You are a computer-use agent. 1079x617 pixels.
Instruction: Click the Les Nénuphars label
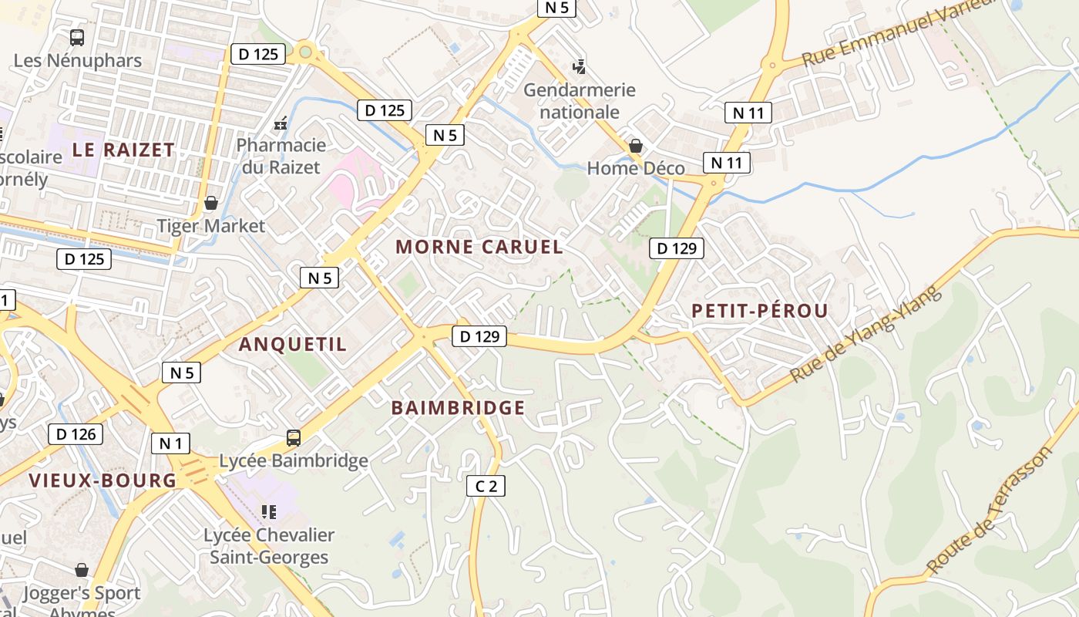(x=78, y=60)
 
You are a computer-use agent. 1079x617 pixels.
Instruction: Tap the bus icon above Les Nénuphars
(x=77, y=37)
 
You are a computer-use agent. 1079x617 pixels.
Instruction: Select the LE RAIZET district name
(x=123, y=150)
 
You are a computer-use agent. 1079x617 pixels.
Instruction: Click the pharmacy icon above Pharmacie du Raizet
(x=281, y=123)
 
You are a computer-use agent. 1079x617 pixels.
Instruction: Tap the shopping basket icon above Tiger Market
(x=210, y=203)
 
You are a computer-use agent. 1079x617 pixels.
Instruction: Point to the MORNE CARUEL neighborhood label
(x=479, y=247)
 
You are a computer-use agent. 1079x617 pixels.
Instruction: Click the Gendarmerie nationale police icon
(x=579, y=67)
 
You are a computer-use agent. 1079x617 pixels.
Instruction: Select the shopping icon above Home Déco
(x=636, y=146)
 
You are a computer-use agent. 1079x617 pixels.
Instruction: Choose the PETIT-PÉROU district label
(x=759, y=311)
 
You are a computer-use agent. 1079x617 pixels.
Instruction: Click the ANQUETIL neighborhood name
(x=293, y=344)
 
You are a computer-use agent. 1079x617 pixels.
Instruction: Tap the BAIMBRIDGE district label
(x=458, y=408)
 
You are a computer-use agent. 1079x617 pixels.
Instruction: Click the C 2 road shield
(x=486, y=486)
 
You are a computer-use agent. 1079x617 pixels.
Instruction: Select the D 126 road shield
(x=76, y=434)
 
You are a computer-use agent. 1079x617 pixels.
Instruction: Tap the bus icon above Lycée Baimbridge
(x=294, y=438)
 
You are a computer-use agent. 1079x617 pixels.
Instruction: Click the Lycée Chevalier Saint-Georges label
(x=269, y=546)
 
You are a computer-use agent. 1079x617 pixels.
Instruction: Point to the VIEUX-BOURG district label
(x=103, y=480)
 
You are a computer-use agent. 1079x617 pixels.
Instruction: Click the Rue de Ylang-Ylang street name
(x=866, y=334)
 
